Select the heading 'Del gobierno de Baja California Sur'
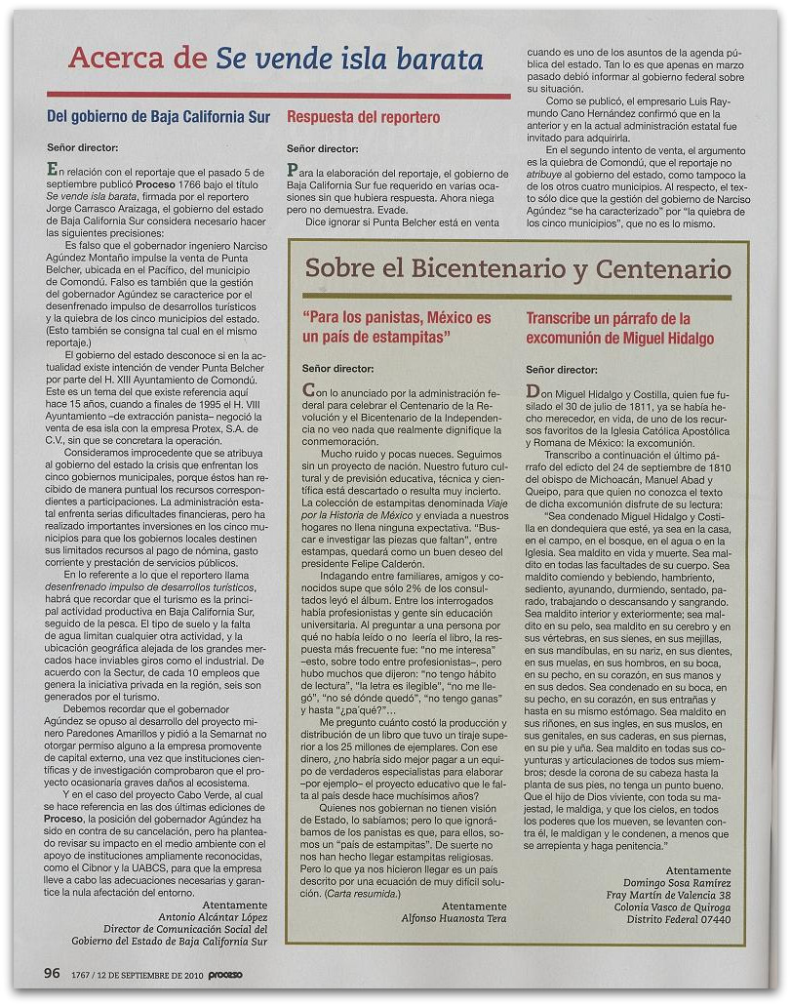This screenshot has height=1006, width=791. point(158,117)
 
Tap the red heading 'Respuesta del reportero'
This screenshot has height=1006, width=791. point(363,117)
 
